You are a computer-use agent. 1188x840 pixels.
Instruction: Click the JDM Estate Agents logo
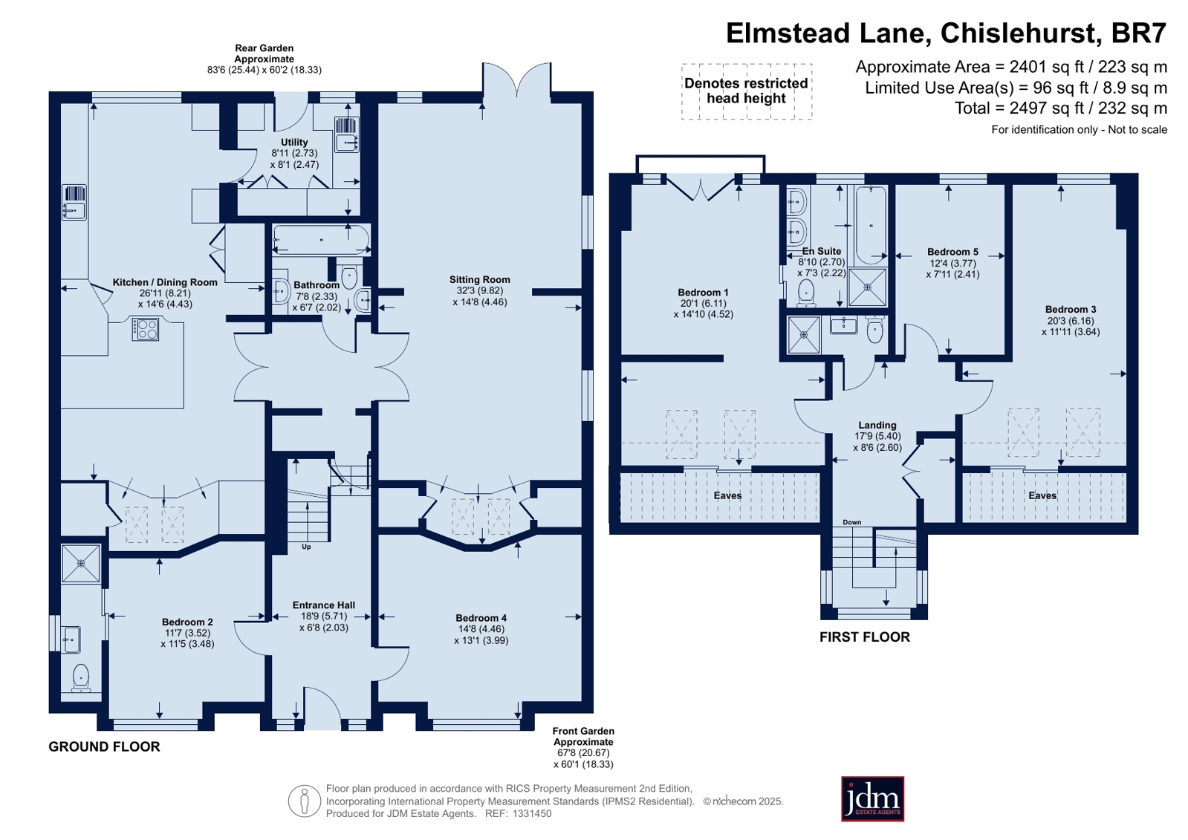pyautogui.click(x=872, y=798)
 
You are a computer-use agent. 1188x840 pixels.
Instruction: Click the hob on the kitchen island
pyautogui.click(x=146, y=329)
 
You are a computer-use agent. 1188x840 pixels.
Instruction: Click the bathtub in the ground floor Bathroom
pyautogui.click(x=322, y=240)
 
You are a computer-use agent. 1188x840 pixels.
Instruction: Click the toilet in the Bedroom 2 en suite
pyautogui.click(x=81, y=678)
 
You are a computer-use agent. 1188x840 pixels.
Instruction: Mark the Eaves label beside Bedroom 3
pyautogui.click(x=1042, y=495)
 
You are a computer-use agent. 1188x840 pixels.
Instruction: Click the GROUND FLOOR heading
pyautogui.click(x=104, y=746)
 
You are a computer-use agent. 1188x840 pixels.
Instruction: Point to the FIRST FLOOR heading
pyautogui.click(x=865, y=637)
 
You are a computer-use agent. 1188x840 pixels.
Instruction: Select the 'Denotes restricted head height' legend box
pyautogui.click(x=746, y=91)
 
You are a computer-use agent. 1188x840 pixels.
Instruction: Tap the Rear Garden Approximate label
pyautogui.click(x=264, y=53)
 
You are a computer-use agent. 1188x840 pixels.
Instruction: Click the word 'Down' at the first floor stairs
pyautogui.click(x=851, y=522)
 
